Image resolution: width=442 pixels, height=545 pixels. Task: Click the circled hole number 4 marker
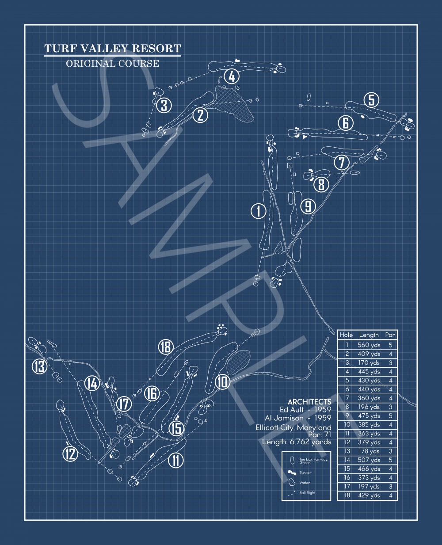coord(232,76)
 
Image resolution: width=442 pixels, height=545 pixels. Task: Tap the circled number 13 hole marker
coord(40,366)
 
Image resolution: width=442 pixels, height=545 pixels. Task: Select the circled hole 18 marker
coord(166,347)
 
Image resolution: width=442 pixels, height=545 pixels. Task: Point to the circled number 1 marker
coord(258,211)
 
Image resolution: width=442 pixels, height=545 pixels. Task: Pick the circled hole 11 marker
coord(176,460)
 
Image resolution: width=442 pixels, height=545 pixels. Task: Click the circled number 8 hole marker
coord(321,184)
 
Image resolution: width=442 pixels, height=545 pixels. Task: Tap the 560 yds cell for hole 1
coord(369,345)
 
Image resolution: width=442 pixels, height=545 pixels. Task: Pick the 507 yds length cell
coord(369,460)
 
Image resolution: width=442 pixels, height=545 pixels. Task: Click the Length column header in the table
coord(369,335)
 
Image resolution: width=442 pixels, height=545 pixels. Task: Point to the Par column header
coord(390,335)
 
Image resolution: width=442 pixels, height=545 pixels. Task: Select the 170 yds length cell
coord(369,362)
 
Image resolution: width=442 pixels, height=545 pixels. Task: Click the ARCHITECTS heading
coord(309,402)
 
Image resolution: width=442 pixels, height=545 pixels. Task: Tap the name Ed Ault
coord(291,410)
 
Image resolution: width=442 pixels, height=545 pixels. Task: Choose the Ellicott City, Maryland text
coord(293,427)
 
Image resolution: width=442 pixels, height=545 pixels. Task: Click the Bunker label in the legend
coord(305,473)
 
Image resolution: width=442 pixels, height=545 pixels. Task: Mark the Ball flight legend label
coord(307,492)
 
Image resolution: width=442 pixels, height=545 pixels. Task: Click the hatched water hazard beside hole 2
coord(233,103)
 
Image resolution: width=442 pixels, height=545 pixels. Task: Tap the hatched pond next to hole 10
coord(238,362)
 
